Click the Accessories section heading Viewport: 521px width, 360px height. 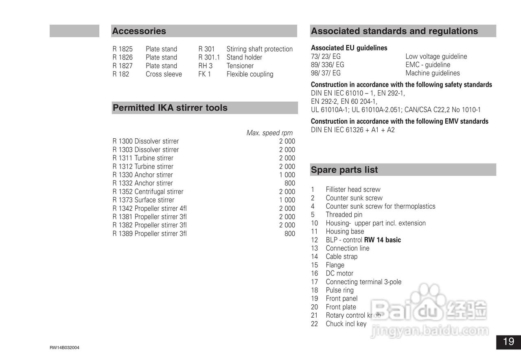[x=139, y=31]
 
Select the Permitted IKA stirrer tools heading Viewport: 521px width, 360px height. [x=170, y=108]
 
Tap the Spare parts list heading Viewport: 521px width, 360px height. [x=344, y=170]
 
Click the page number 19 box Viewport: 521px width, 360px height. [x=508, y=342]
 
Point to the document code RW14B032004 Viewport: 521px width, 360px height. [x=64, y=348]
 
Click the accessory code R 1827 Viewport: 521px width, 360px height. [x=123, y=66]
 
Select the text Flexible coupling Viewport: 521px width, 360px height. [x=250, y=74]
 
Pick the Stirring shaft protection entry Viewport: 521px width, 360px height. [x=259, y=49]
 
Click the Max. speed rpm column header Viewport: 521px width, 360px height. [x=269, y=133]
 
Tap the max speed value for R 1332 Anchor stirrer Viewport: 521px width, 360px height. [x=290, y=183]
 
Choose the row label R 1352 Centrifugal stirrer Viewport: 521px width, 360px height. [x=148, y=192]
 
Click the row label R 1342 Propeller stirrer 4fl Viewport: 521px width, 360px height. [x=149, y=209]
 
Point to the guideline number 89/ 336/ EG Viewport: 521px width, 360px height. [x=327, y=65]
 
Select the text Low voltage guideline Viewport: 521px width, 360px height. [x=436, y=57]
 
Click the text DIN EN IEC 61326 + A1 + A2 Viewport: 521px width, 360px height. [x=352, y=130]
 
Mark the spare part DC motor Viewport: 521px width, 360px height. [x=339, y=273]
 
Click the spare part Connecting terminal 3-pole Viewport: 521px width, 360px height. [x=363, y=282]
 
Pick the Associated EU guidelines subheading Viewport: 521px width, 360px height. [x=349, y=48]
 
